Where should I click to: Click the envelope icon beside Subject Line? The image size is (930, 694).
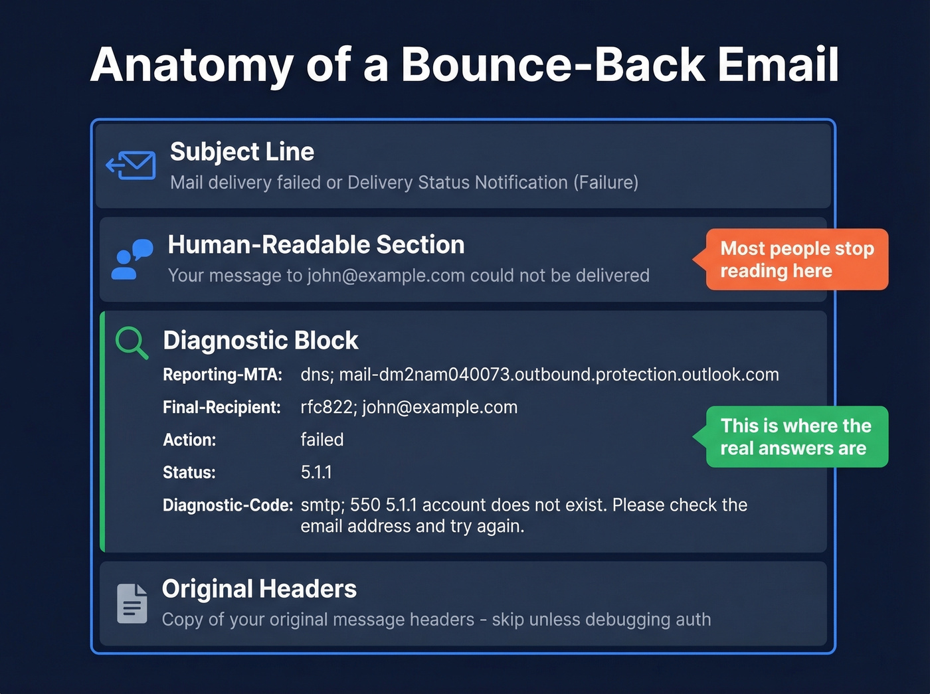[132, 165]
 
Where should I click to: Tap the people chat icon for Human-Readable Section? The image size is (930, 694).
[132, 260]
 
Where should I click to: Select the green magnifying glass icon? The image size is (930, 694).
[131, 343]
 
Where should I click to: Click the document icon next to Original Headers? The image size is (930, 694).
[132, 604]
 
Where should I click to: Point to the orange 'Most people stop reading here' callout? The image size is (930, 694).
[796, 260]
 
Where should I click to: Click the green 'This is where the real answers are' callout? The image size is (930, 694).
[796, 437]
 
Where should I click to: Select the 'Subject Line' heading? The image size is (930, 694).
[242, 152]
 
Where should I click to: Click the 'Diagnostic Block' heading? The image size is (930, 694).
[260, 341]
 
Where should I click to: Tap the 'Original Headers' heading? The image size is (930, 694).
[259, 589]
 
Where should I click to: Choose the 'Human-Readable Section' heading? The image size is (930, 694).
[316, 245]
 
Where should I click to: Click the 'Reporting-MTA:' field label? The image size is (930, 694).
[223, 375]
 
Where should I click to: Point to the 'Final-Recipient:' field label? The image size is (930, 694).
[221, 407]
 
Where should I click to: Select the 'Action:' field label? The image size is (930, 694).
[189, 440]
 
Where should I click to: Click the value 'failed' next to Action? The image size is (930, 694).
[322, 440]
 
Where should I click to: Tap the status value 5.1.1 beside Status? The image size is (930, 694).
[316, 472]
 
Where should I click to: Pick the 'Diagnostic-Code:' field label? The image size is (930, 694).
[228, 505]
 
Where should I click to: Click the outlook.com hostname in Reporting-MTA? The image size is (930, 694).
[559, 375]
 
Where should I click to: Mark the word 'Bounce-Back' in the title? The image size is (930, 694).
[552, 65]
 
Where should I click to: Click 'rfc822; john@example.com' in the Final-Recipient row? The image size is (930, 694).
[409, 407]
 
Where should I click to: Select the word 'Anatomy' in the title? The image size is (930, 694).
[191, 65]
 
